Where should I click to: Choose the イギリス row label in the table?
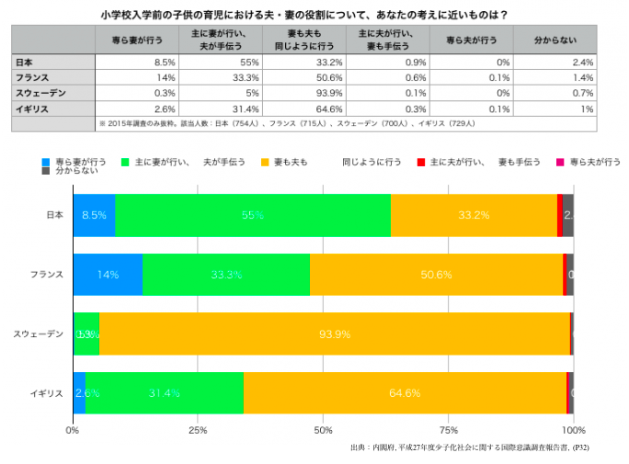[x=33, y=108]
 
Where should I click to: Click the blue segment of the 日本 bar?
[x=94, y=215]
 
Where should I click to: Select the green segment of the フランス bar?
[x=226, y=274]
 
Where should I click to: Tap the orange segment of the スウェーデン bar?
[x=334, y=333]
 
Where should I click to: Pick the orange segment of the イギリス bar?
[x=405, y=392]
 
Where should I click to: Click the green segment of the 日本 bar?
[x=253, y=215]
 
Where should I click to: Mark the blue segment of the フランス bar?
[x=108, y=274]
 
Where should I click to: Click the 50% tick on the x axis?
[x=323, y=429]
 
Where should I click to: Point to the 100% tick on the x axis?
[x=572, y=429]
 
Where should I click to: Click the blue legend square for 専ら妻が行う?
[x=46, y=162]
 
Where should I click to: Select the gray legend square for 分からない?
[x=46, y=172]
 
